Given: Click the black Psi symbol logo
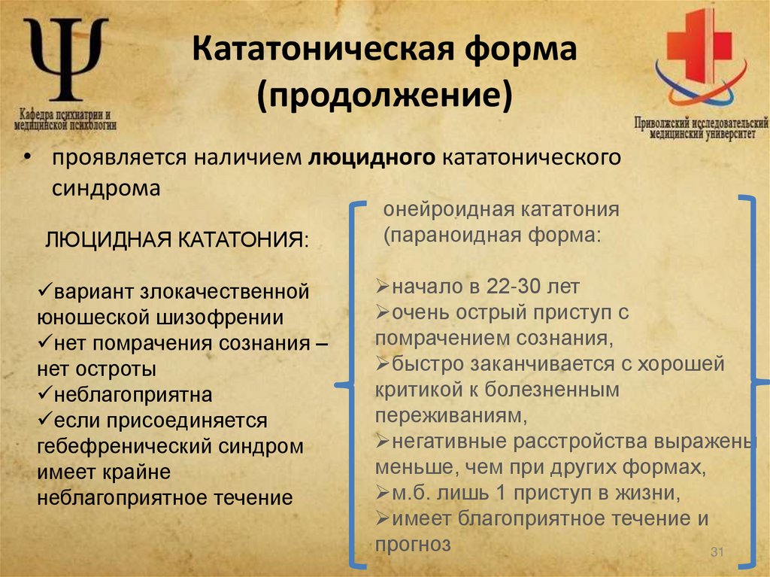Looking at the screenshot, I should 65,59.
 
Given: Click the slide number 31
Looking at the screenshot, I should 716,554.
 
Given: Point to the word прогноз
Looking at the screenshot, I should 413,544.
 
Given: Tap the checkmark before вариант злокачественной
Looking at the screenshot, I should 43,290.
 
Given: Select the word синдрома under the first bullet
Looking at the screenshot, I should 106,188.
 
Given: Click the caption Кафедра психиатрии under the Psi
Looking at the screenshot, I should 65,111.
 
